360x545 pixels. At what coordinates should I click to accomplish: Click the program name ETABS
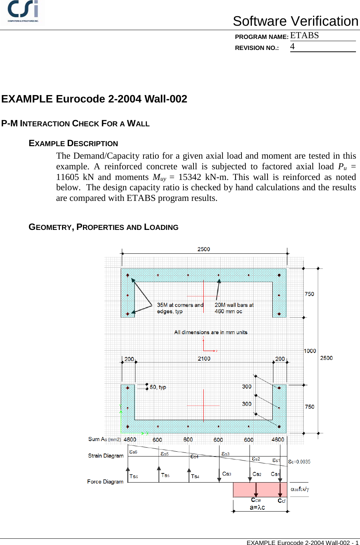(x=304, y=36)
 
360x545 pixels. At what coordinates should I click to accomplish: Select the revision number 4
(x=292, y=47)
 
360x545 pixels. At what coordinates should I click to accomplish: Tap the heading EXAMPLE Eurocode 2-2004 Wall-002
(x=94, y=99)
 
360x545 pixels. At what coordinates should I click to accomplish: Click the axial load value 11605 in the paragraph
(x=68, y=177)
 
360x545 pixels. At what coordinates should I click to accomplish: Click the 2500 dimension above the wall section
(x=204, y=249)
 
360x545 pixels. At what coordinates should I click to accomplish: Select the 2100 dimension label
(x=204, y=359)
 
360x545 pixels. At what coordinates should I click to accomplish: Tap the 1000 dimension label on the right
(x=310, y=351)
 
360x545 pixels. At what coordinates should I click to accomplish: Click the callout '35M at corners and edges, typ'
(x=180, y=308)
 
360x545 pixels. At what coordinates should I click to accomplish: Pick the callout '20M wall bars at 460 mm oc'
(x=234, y=308)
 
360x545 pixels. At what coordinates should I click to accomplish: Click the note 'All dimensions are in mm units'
(x=211, y=332)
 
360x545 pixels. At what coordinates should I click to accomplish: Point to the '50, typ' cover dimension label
(x=158, y=387)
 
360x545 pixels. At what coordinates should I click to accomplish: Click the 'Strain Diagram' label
(x=106, y=456)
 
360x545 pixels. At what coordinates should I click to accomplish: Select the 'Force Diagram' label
(x=105, y=481)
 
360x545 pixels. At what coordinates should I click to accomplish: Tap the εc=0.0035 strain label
(x=299, y=462)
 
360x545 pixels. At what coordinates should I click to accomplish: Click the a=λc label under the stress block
(x=257, y=508)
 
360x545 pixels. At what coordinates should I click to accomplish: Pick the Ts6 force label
(x=134, y=476)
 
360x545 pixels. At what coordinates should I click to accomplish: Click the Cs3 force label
(x=227, y=474)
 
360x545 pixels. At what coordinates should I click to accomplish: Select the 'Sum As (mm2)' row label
(x=105, y=439)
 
